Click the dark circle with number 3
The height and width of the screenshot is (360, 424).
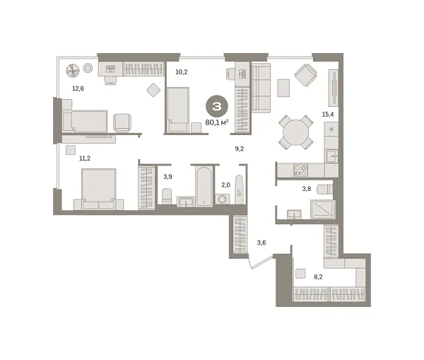pos(217,106)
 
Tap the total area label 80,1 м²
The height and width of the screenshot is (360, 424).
pos(217,122)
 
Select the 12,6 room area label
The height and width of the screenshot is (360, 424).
pos(78,88)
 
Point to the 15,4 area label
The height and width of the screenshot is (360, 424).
pos(328,115)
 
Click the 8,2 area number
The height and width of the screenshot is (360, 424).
pos(318,277)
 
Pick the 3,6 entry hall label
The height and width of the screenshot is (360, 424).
pos(261,243)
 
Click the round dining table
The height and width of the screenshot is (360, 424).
pos(296,132)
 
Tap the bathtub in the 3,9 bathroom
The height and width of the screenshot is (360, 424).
pos(204,187)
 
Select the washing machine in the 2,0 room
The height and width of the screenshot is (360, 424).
pos(223,199)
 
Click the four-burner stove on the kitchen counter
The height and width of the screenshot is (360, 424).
pos(301,170)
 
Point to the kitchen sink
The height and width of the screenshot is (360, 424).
pos(332,156)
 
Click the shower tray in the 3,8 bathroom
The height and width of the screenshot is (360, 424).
pos(323,209)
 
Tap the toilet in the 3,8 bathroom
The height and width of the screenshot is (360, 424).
pos(325,190)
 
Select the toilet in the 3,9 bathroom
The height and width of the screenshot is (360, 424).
pos(167,196)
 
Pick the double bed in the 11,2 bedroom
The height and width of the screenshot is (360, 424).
pos(99,189)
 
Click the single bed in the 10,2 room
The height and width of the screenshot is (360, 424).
pos(177,110)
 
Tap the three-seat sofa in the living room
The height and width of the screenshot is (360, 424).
pos(261,88)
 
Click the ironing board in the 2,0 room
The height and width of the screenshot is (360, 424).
pos(240,190)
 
